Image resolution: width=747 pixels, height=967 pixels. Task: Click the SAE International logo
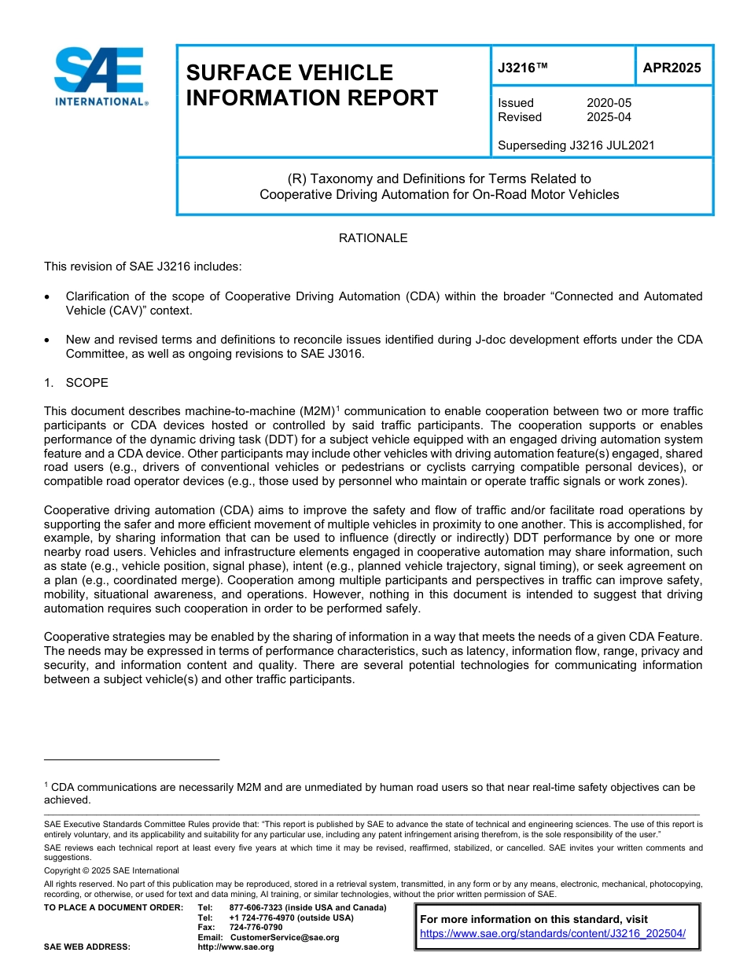(x=100, y=76)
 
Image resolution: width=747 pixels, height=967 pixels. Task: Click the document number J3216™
(x=522, y=68)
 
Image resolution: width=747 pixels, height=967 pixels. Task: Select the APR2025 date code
(x=672, y=68)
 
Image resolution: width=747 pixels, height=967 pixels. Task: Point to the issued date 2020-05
(x=609, y=103)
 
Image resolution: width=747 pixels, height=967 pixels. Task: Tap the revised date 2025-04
(x=609, y=117)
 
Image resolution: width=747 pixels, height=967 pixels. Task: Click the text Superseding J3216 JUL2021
(x=576, y=145)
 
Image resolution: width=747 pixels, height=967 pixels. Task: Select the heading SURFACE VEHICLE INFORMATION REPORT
(x=311, y=85)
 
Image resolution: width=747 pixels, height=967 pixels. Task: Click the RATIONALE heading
(x=373, y=238)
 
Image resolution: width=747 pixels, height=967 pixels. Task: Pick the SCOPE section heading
(x=86, y=383)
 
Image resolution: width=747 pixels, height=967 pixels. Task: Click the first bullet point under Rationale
(x=49, y=297)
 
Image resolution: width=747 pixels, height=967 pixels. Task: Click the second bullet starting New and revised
(x=49, y=340)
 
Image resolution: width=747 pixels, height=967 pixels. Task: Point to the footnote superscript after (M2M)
(x=337, y=408)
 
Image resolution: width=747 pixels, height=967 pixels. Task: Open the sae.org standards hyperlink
(x=553, y=934)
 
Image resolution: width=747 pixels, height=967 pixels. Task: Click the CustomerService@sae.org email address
(x=285, y=937)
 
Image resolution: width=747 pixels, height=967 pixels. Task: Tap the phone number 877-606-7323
(x=257, y=907)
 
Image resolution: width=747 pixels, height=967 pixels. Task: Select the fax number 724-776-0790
(x=256, y=927)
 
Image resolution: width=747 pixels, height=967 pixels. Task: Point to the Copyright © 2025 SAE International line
(x=112, y=870)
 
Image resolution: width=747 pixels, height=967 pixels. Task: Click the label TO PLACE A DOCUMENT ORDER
(x=113, y=907)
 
